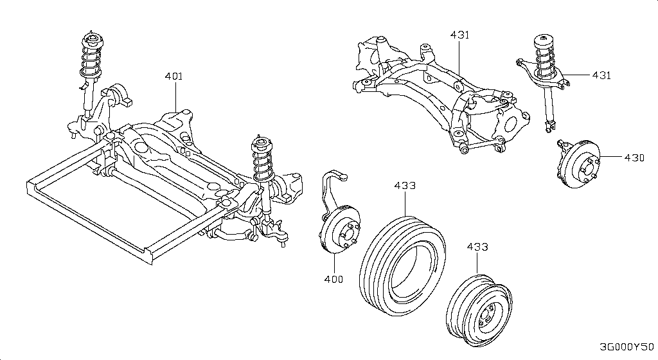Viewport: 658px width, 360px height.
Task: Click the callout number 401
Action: [x=173, y=76]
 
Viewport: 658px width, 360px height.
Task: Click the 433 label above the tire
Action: [x=405, y=186]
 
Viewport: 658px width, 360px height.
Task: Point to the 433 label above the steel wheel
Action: [x=477, y=247]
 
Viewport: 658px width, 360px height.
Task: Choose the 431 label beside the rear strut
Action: [x=601, y=75]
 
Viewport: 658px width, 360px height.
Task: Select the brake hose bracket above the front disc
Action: [x=332, y=186]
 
